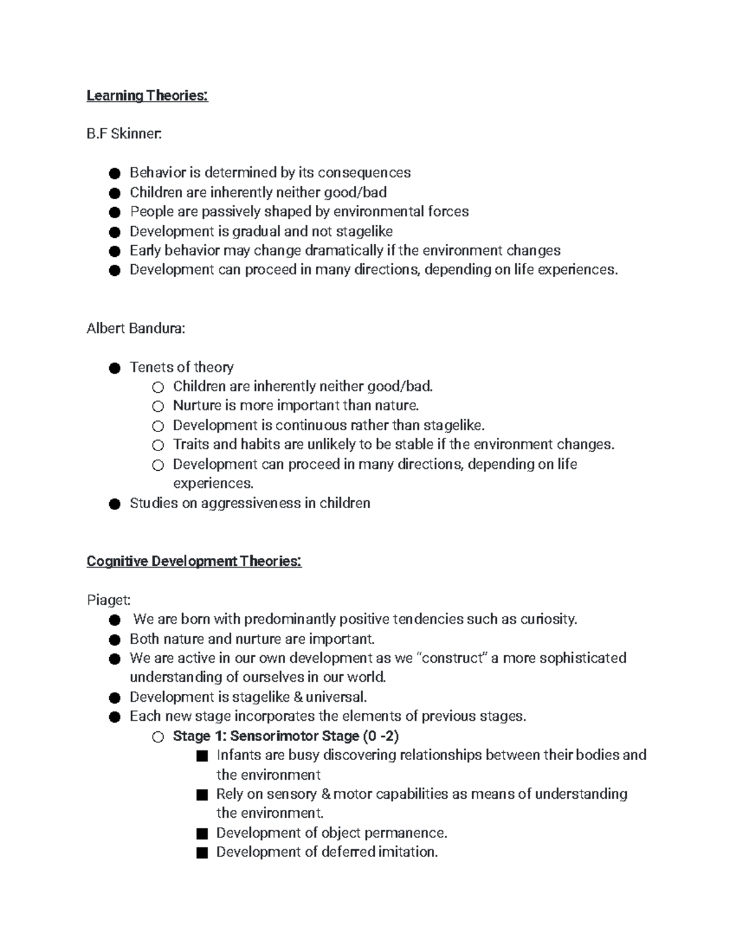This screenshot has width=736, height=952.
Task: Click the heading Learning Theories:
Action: point(147,96)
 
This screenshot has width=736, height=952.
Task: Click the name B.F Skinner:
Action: point(125,134)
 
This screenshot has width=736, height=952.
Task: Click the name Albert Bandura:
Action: point(136,329)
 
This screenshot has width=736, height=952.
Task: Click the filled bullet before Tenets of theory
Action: point(114,368)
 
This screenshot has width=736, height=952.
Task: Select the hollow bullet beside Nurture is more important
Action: point(158,406)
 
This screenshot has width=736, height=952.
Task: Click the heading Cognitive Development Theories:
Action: point(194,562)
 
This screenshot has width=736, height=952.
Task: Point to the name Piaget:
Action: point(109,600)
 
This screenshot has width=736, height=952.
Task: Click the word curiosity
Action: point(548,619)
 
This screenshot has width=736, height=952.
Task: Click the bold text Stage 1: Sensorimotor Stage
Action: point(266,736)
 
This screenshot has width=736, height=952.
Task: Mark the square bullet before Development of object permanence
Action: point(202,834)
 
